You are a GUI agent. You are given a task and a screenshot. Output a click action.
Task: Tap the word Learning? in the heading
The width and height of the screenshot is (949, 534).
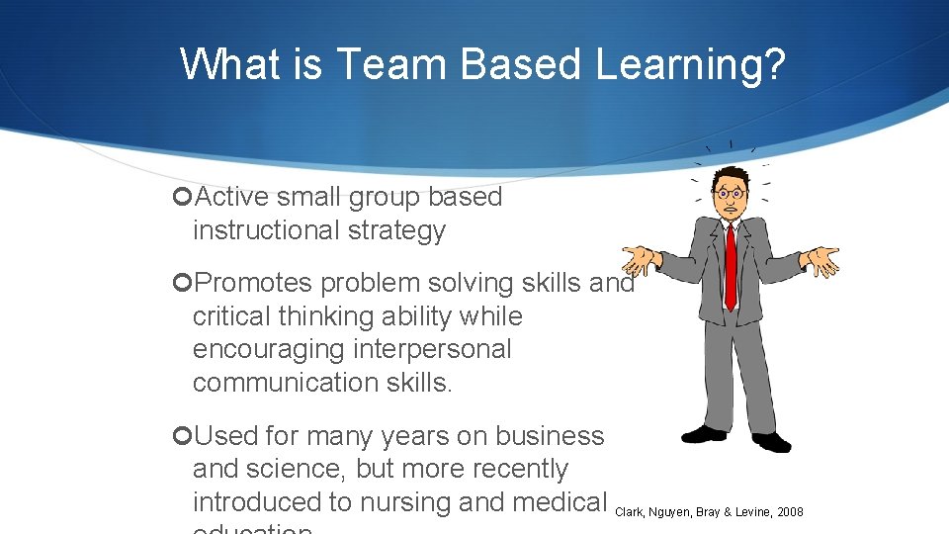coord(691,65)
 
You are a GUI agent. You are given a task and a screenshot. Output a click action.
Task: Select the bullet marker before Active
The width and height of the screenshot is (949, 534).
coord(181,197)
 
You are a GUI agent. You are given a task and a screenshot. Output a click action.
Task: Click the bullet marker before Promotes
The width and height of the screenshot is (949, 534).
coord(181,283)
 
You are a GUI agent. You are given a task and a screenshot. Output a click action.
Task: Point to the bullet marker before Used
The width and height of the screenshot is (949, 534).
coord(181,436)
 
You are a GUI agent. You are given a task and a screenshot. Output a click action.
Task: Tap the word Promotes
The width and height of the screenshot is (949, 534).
coord(254,283)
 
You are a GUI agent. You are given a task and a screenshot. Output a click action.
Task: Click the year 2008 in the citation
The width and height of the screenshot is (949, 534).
coord(789,512)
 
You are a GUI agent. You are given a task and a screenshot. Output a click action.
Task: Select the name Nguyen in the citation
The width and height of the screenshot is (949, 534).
coord(671,512)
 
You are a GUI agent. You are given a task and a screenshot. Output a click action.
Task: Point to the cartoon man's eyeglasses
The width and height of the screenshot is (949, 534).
coord(731,193)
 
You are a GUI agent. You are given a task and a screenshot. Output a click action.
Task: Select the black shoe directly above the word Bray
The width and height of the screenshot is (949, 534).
coord(704,433)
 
